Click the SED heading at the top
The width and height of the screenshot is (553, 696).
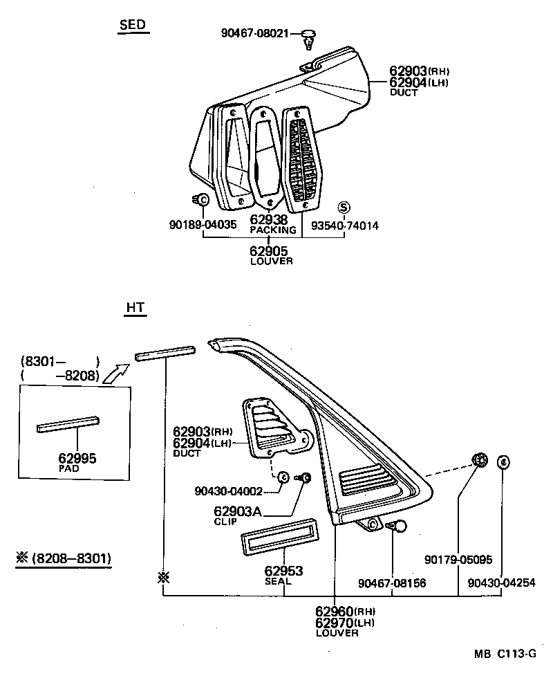[x=132, y=25]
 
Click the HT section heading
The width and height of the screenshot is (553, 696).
[x=135, y=308]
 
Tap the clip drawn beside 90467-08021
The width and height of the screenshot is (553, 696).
[x=308, y=39]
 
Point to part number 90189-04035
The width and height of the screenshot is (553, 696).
[x=203, y=225]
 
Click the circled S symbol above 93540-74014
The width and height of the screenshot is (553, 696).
[x=344, y=207]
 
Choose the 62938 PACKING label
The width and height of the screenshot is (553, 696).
[x=272, y=224]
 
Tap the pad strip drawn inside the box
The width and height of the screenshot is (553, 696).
[x=68, y=424]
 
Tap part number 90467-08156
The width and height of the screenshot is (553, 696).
[x=392, y=583]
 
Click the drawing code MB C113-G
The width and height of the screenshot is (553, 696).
[x=505, y=653]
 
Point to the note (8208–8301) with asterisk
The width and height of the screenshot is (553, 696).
[x=64, y=558]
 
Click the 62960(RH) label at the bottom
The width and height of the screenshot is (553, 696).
[x=345, y=612]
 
